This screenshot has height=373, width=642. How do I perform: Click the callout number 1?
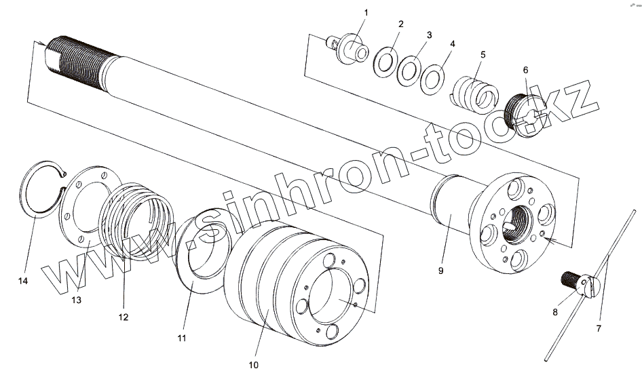[366, 13]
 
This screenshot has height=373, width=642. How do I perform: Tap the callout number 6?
[525, 70]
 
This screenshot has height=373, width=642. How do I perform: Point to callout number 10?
[253, 365]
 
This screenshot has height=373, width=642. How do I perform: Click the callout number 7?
[599, 328]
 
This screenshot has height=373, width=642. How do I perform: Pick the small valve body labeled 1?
[350, 47]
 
